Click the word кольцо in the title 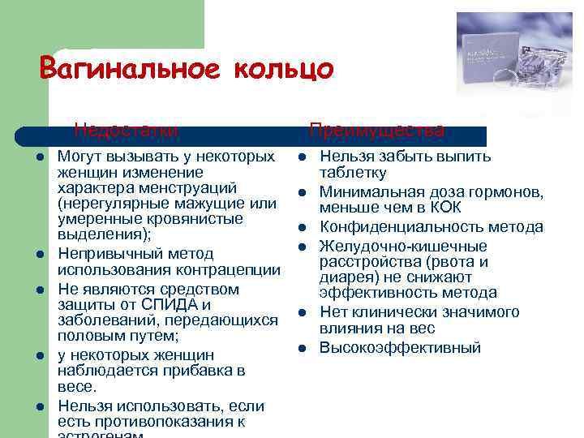(x=284, y=69)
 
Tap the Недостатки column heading (x=125, y=130)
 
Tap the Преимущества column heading (x=376, y=131)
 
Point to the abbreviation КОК (x=443, y=208)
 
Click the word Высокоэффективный (x=400, y=348)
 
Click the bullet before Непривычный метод (x=39, y=255)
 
